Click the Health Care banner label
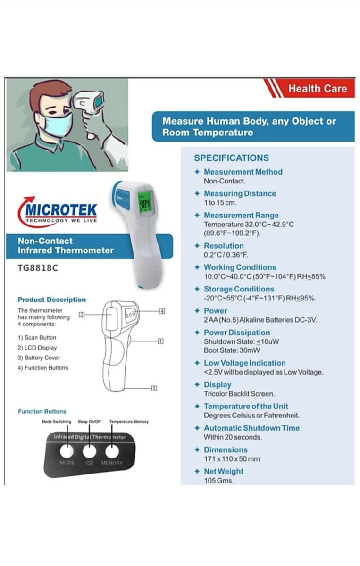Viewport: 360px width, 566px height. coord(317,88)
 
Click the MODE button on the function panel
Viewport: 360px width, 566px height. coord(67,451)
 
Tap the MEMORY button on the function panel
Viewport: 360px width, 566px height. coord(112,451)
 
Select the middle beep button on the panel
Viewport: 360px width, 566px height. coord(89,451)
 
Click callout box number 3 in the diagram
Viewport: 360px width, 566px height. coord(154,388)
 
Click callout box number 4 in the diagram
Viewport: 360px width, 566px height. coord(161,311)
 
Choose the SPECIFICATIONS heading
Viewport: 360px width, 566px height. coord(231,158)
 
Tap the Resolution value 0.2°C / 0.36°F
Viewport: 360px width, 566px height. coord(226,255)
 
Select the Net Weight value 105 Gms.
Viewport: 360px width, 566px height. coord(218,481)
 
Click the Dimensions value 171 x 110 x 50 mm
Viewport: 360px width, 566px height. coord(232,459)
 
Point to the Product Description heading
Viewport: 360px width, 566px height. coord(51,300)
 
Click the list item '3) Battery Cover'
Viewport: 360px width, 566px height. coord(39,358)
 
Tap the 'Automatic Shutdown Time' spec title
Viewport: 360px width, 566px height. coord(251,428)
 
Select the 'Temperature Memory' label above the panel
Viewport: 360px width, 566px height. coord(128,421)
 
